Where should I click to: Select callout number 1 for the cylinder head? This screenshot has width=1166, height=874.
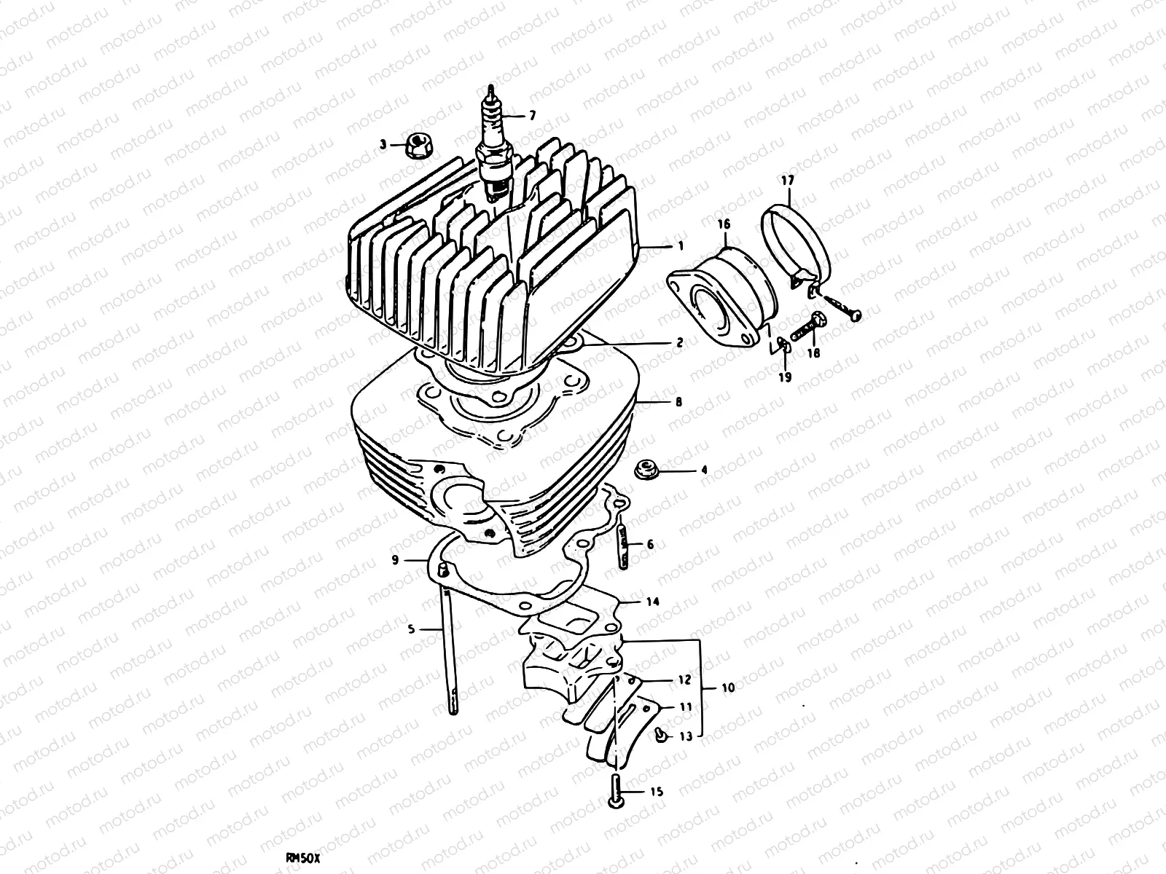pyautogui.click(x=681, y=247)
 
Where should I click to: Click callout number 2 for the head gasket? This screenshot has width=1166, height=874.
pyautogui.click(x=679, y=342)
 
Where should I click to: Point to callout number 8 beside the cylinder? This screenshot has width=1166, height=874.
pyautogui.click(x=679, y=401)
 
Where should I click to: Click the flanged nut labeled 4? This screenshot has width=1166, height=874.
pyautogui.click(x=644, y=470)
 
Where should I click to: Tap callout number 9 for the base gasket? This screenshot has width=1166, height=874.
pyautogui.click(x=394, y=560)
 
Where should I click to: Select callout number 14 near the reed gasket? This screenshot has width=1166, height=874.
pyautogui.click(x=652, y=602)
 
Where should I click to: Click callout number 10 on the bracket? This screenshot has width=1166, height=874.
pyautogui.click(x=728, y=687)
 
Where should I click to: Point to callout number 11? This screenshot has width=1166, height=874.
pyautogui.click(x=686, y=707)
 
